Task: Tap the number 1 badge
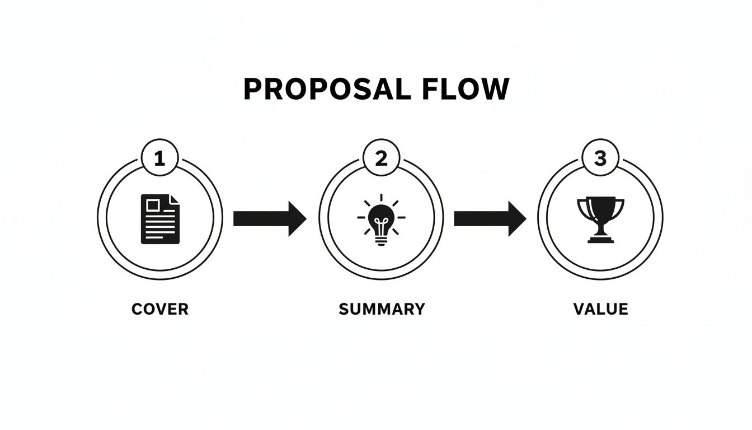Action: coord(159,159)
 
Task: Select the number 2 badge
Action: coord(381,159)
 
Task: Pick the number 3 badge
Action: coord(600,159)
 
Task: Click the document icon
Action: coord(161,218)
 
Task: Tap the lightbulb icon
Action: coord(382,219)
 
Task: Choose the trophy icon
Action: coord(600,219)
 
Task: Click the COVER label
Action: coord(160,309)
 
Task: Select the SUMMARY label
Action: coord(382,309)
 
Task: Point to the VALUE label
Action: coord(600,309)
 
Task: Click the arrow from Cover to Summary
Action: coord(269,218)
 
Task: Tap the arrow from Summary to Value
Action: coord(490,218)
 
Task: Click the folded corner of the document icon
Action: coord(175,199)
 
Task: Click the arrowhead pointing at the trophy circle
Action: coord(517,218)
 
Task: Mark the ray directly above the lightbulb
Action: coord(382,198)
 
